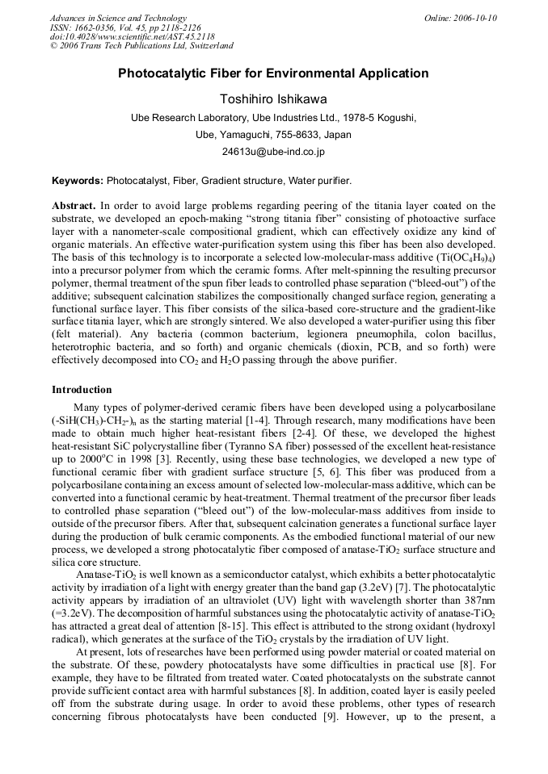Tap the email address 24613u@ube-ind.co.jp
pyautogui.click(x=273, y=151)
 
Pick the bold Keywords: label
pyautogui.click(x=78, y=181)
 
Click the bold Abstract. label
pyautogui.click(x=74, y=206)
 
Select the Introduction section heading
pyautogui.click(x=82, y=390)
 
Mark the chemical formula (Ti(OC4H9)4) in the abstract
pyautogui.click(x=463, y=256)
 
